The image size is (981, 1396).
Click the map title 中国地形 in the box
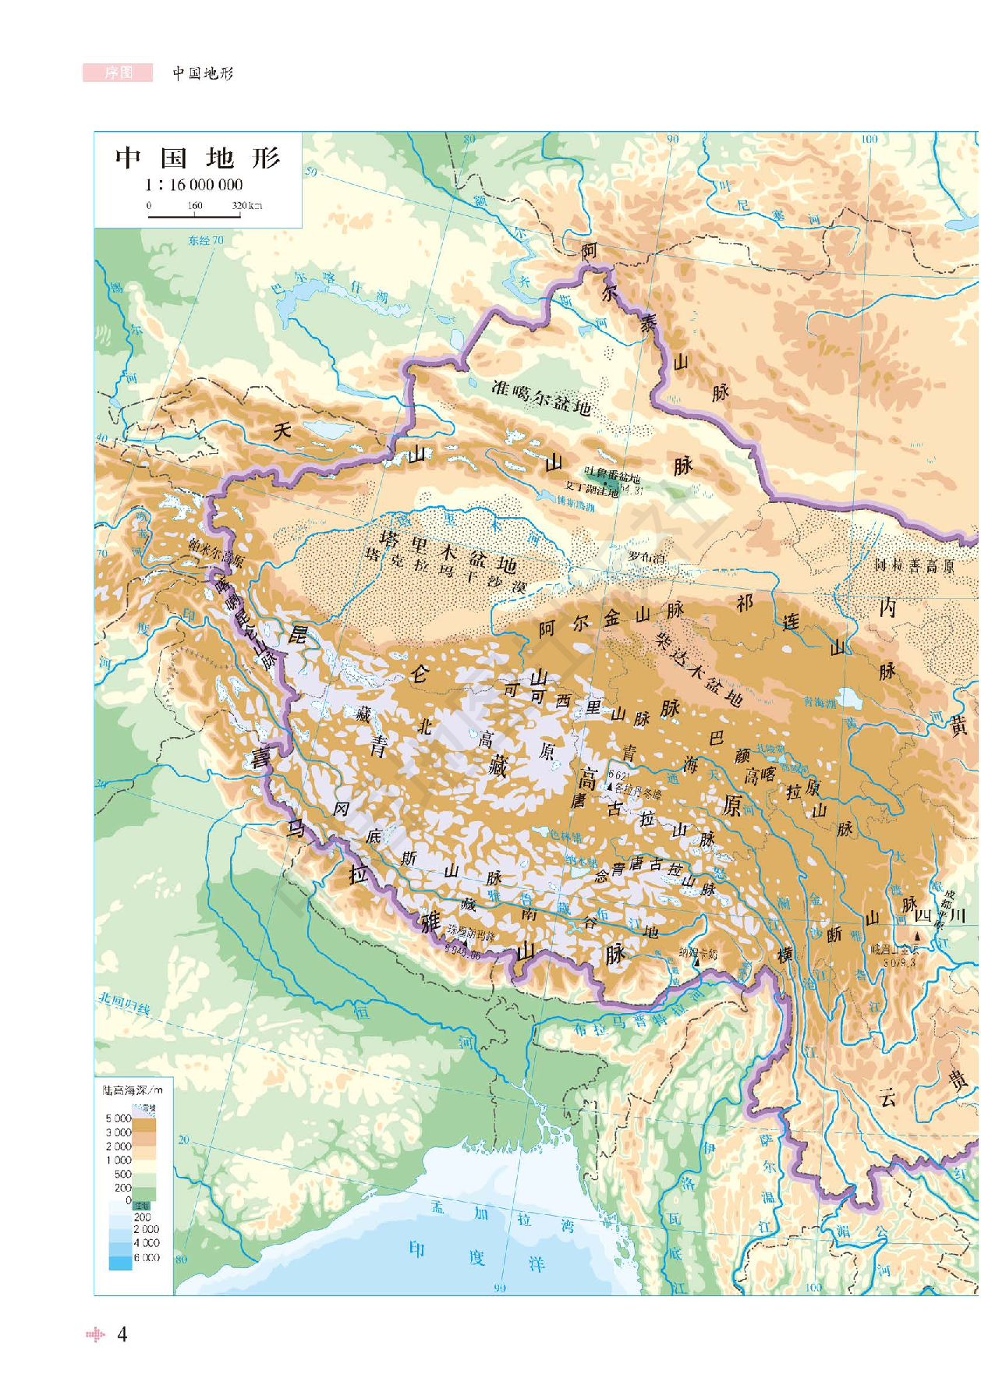click(x=197, y=158)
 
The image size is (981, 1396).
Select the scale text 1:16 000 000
click(x=193, y=185)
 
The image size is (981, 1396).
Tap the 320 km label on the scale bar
click(x=246, y=206)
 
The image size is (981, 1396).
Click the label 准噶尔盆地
click(x=540, y=397)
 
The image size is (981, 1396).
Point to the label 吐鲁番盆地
click(x=612, y=477)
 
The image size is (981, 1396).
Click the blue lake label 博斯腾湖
click(x=575, y=505)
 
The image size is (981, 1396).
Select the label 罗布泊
click(x=646, y=557)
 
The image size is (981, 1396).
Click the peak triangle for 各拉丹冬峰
click(x=610, y=787)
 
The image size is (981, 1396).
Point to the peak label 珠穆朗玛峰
click(x=471, y=935)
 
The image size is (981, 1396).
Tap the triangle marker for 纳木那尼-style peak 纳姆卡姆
click(x=697, y=964)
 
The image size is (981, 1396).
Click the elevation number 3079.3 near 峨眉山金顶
click(x=898, y=962)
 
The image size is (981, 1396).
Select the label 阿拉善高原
click(x=913, y=565)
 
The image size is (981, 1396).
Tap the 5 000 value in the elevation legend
click(x=119, y=1118)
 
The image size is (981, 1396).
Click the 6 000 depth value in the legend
click(x=147, y=1256)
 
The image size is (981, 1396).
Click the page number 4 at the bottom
click(x=122, y=1334)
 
